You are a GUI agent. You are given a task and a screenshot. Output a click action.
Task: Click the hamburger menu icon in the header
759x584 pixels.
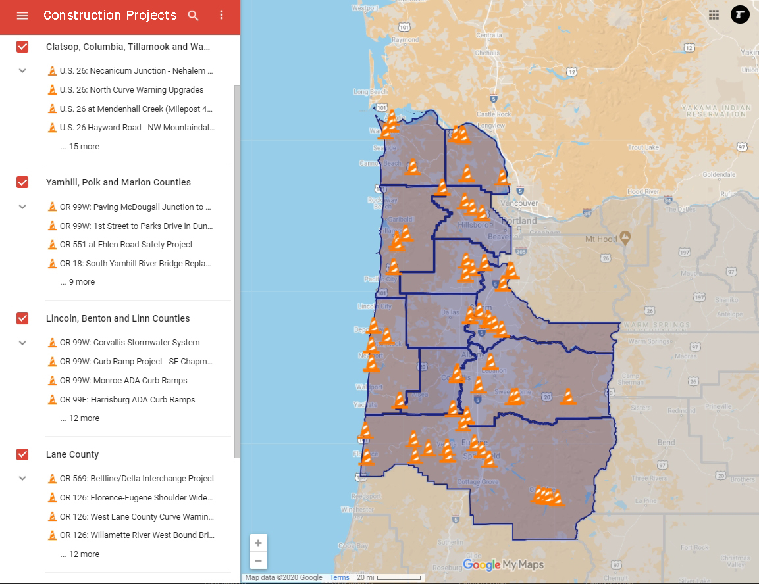click(x=22, y=16)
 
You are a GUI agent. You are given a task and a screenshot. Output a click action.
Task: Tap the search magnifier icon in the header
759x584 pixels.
click(x=193, y=16)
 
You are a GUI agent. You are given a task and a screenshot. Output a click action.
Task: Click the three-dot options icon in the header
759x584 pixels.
click(x=221, y=16)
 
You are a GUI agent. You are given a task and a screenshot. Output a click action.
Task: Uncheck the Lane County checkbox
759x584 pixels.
click(x=22, y=454)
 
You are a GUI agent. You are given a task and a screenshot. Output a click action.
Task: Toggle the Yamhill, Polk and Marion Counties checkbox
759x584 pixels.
click(x=22, y=182)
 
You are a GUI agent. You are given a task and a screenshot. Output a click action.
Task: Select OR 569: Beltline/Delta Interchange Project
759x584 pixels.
click(x=136, y=479)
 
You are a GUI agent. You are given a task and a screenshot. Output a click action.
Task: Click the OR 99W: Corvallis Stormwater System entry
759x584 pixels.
click(x=129, y=343)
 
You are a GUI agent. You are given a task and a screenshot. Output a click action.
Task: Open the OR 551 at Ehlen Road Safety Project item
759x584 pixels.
click(x=126, y=245)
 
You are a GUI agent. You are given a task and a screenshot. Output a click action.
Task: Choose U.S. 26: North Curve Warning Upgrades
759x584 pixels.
click(x=131, y=90)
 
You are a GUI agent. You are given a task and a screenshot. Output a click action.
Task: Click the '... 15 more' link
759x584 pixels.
click(x=80, y=147)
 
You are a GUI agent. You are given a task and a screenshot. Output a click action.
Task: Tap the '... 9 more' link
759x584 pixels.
click(x=77, y=282)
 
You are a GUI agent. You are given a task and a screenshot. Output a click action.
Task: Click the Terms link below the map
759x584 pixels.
click(x=340, y=578)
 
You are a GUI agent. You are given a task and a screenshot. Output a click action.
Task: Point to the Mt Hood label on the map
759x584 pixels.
click(x=600, y=239)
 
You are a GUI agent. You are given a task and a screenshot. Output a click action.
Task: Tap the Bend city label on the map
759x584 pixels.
click(x=666, y=443)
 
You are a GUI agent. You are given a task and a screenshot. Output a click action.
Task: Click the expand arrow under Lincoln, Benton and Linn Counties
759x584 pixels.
click(x=22, y=343)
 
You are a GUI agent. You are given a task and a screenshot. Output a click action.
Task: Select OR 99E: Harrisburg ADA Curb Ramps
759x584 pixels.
click(x=127, y=400)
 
